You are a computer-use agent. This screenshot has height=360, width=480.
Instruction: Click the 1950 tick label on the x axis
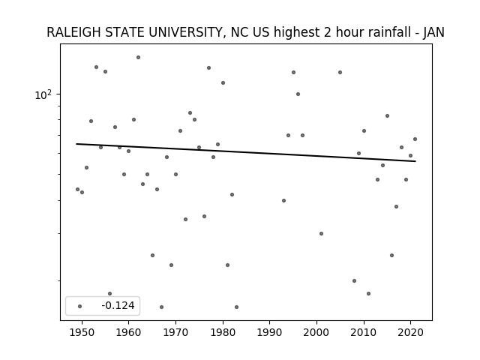point(82,332)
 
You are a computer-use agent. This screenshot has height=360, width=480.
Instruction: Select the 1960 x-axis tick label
point(128,332)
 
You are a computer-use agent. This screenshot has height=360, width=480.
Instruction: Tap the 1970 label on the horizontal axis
point(175,332)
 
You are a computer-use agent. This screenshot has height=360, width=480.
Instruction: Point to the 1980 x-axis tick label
point(223,332)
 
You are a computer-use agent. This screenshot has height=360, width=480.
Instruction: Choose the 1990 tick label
point(270,332)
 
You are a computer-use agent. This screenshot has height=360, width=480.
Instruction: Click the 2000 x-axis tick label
point(316,332)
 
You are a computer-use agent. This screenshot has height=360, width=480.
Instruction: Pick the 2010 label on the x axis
point(364,332)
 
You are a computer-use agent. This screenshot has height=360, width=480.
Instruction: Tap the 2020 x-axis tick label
point(411,332)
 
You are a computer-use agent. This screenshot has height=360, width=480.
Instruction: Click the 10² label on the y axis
point(43,94)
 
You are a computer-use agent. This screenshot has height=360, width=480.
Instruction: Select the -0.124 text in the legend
point(118,305)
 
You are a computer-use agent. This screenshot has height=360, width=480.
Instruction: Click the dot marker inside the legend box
point(80,306)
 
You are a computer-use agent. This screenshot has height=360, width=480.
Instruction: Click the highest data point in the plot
point(138,57)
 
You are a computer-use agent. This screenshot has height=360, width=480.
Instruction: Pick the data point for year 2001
point(322,233)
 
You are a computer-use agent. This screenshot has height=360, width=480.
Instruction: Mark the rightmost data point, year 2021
point(415,139)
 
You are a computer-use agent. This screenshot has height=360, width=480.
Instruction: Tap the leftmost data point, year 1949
point(77,190)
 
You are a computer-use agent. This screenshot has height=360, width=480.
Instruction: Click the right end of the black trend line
point(415,161)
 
